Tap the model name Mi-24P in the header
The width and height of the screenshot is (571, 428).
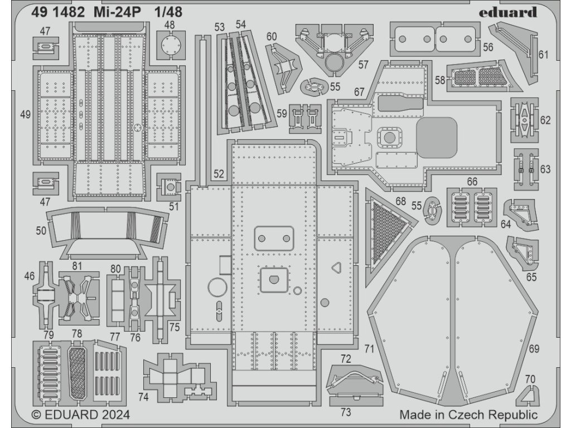click(x=119, y=12)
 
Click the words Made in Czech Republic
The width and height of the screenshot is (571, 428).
click(x=468, y=415)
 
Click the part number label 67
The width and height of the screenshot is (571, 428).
click(x=359, y=91)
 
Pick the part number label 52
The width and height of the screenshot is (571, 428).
click(x=219, y=174)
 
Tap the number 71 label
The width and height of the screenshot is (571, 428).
click(x=369, y=349)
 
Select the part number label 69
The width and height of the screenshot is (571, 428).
click(x=534, y=349)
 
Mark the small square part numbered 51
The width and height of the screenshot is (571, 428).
click(x=169, y=187)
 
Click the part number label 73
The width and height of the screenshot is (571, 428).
click(x=346, y=413)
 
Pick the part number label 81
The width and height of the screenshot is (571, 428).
click(x=77, y=266)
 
